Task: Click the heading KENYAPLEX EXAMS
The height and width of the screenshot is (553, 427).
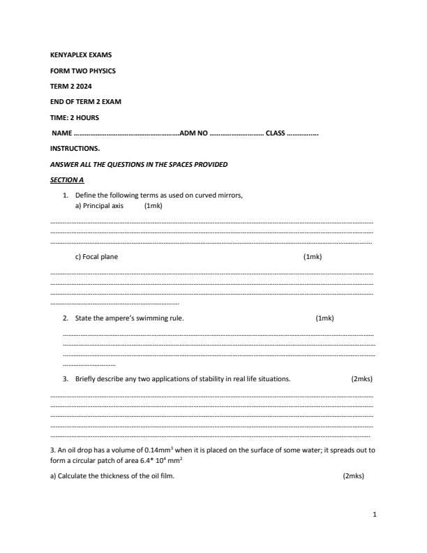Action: pos(81,54)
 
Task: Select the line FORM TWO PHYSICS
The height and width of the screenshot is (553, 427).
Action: pos(83,71)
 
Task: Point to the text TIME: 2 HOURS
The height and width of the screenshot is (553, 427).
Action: pos(75,117)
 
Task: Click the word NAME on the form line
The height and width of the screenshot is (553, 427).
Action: pos(62,133)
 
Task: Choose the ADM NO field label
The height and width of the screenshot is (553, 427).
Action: pos(194,133)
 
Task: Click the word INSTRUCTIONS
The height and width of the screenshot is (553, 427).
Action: pos(75,149)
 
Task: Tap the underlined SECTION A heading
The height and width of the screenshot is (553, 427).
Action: pos(67,180)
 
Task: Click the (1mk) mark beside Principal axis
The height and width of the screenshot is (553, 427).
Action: pos(153,207)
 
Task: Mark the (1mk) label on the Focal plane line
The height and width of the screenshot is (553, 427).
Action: pos(312,257)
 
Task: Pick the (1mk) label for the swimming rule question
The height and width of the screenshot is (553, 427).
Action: pos(324,318)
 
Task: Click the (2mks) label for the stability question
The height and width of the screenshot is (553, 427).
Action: pos(361,379)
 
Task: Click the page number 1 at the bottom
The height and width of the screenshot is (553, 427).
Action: pos(375,515)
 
